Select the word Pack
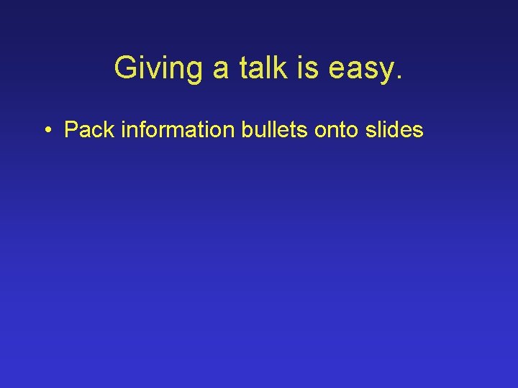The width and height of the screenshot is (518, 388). [x=88, y=130]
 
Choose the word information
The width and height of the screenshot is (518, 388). [x=171, y=130]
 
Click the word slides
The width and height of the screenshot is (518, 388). [x=394, y=130]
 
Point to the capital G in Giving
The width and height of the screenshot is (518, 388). [x=126, y=68]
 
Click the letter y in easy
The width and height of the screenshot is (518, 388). [x=387, y=72]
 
